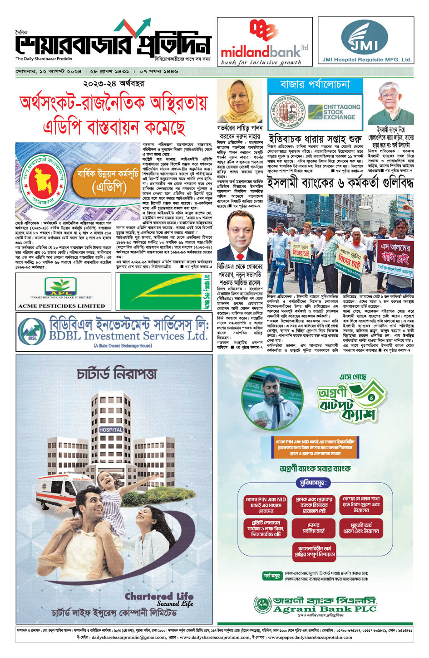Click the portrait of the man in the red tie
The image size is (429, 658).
coord(240,236)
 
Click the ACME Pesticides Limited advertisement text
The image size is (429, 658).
coord(62,306)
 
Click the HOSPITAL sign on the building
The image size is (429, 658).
coord(111,430)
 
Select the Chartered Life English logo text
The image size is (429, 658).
coord(158,598)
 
